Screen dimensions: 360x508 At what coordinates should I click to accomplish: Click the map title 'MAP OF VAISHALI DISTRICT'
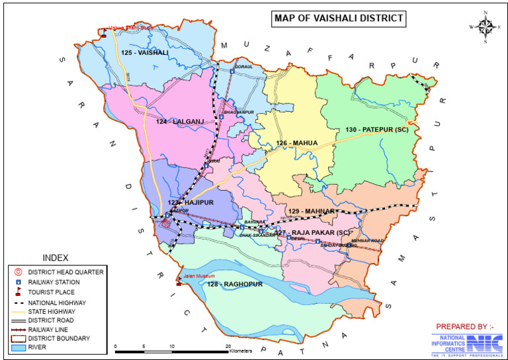338,18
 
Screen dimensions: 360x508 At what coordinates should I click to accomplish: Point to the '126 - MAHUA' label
297,143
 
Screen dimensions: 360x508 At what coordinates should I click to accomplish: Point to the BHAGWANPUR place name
239,112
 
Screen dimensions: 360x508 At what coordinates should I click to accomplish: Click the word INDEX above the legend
54,257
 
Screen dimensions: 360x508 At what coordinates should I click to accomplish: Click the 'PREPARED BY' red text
464,327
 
